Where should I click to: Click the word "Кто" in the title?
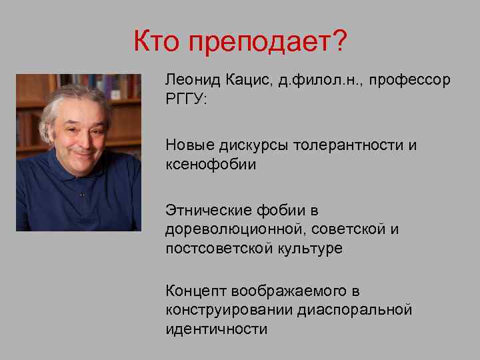[157, 43]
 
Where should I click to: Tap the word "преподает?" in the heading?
[268, 44]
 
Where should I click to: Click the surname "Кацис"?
[247, 80]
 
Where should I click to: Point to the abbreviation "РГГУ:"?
[185, 99]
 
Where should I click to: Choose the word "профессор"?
[413, 81]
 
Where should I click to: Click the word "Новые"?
[188, 145]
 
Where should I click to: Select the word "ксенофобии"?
[210, 164]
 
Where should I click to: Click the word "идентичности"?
[217, 329]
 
